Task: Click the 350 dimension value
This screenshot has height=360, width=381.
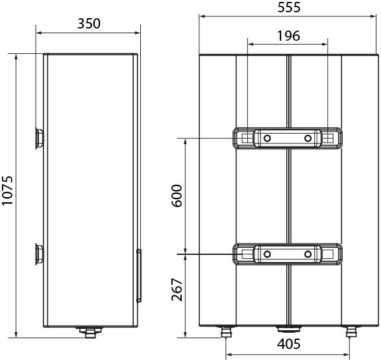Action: click(x=89, y=23)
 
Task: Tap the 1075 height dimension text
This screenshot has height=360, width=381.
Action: click(x=7, y=191)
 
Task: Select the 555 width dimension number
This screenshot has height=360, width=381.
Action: click(x=289, y=7)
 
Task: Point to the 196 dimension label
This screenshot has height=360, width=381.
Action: click(x=289, y=36)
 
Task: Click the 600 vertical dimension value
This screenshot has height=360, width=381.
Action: click(x=177, y=196)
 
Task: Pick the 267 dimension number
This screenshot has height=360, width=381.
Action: click(x=177, y=289)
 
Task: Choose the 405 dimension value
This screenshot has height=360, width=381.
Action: click(x=289, y=344)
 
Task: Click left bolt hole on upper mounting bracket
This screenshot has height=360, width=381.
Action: click(x=267, y=138)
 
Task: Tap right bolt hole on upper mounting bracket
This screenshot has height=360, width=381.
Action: click(x=308, y=138)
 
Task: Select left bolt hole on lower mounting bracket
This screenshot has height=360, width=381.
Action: click(x=267, y=254)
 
